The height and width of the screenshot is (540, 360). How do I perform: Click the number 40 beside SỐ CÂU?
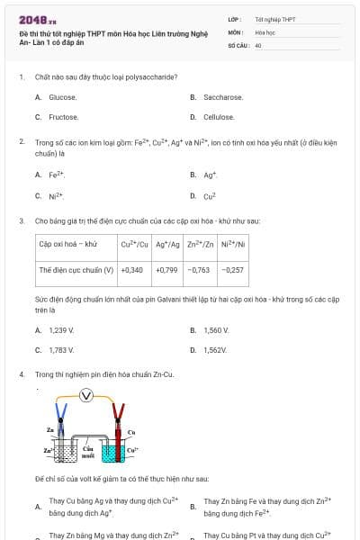(x=258, y=44)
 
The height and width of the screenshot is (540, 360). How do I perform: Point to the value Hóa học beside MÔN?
(x=265, y=31)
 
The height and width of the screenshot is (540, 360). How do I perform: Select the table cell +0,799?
(x=166, y=269)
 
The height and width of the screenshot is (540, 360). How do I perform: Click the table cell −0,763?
(x=199, y=269)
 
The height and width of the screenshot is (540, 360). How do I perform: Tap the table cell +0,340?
(x=131, y=269)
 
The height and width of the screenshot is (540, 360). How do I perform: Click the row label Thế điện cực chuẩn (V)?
(x=76, y=269)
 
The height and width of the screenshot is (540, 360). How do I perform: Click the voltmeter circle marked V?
(x=86, y=395)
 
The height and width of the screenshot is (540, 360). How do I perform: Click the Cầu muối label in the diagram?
(x=88, y=451)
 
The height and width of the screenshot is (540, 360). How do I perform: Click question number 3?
(x=22, y=220)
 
